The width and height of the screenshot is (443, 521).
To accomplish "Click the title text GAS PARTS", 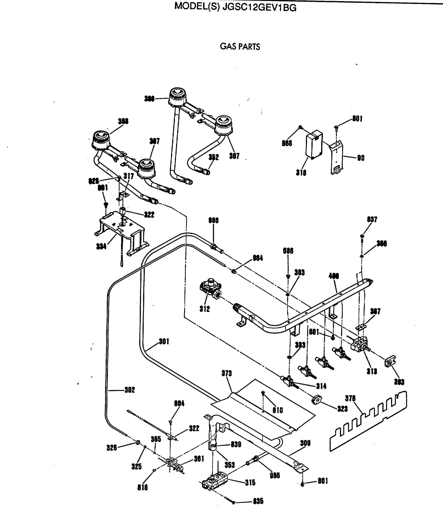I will coord(240,47).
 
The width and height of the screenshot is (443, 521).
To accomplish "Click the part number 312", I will coord(204,309).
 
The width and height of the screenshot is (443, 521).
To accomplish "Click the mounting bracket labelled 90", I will coord(336,158).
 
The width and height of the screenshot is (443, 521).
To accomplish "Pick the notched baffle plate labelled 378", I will coord(368,422).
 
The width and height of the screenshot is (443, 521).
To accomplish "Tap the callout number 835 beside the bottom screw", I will coord(258,501).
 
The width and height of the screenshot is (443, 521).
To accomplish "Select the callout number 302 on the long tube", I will coord(130,390).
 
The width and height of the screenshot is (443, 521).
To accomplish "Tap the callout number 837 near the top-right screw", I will coord(372,219).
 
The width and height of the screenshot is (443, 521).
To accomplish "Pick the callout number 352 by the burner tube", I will coord(214,157).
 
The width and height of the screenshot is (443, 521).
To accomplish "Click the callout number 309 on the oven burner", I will coord(305,443).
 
